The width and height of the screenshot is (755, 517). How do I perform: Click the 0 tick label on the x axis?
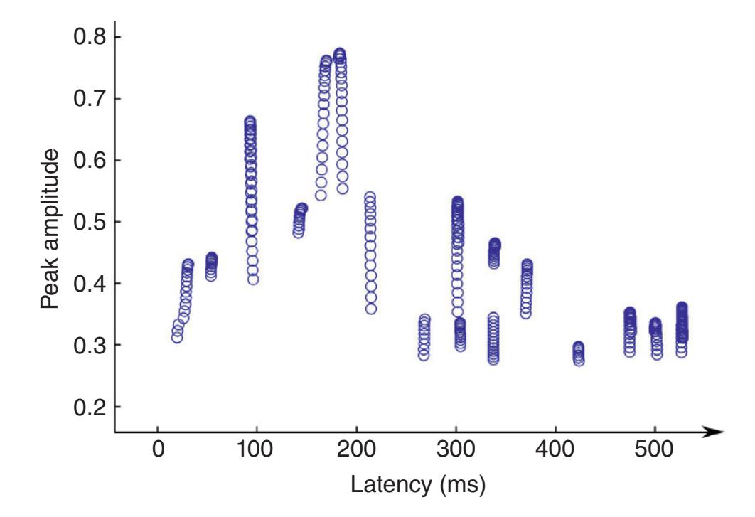[x=157, y=453]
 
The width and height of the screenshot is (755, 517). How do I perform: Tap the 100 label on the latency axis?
[x=257, y=453]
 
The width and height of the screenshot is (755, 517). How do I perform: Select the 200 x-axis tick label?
[x=355, y=453]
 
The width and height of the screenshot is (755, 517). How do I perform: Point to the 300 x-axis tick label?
[x=455, y=453]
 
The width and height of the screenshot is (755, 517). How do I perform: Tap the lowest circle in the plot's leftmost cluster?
[x=177, y=337]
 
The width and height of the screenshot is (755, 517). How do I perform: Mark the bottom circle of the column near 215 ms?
[x=371, y=308]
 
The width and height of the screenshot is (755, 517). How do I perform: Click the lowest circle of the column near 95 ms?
[x=253, y=279]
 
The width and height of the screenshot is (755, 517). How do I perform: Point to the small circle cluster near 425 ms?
[x=579, y=353]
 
